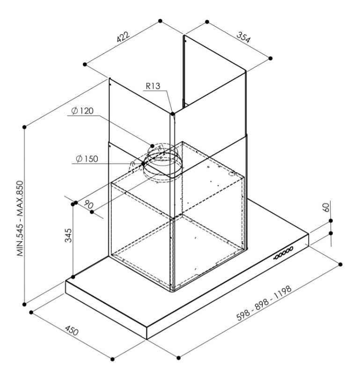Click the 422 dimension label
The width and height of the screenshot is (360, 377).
tap(123, 36)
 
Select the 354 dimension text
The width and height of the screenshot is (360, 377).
tap(243, 37)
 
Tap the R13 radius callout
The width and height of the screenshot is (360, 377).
tap(153, 86)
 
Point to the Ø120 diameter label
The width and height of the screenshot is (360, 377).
tap(82, 111)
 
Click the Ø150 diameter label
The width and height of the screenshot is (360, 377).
tap(87, 159)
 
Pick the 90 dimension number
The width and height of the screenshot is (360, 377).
tap(88, 204)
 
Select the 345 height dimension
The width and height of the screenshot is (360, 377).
tap(68, 235)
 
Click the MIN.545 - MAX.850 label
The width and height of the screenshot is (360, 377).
tap(20, 218)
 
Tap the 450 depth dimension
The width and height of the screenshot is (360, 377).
tap(72, 330)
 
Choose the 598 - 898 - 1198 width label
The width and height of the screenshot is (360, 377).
tap(264, 303)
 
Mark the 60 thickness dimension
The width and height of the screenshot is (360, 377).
tap(326, 207)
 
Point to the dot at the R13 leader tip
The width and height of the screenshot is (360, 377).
tap(173, 113)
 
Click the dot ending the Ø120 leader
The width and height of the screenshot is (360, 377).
tap(152, 146)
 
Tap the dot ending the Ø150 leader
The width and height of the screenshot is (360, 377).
tap(143, 164)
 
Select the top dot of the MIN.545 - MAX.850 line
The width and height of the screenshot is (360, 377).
tap(24, 127)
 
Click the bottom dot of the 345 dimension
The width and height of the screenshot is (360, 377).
tap(73, 277)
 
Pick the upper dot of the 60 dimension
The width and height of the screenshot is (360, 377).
tap(331, 221)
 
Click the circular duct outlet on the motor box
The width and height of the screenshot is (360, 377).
tap(163, 164)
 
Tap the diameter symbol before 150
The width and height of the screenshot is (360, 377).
tap(79, 159)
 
